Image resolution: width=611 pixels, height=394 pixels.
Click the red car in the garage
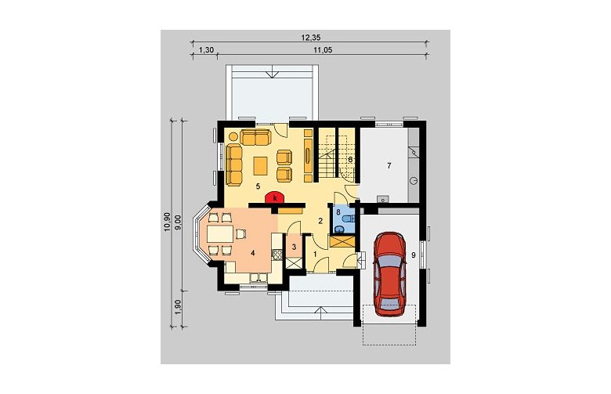click(390, 273)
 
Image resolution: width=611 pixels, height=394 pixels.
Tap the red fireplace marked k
click(276, 198)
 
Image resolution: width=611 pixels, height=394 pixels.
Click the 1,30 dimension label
click(206, 50)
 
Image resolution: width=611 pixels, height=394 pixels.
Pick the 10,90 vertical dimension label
click(168, 222)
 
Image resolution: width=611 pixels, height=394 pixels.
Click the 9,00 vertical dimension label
click(179, 223)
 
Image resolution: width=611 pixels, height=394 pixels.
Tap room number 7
click(389, 165)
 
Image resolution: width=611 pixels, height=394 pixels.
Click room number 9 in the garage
click(414, 255)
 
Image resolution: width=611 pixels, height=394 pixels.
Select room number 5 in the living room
click(258, 186)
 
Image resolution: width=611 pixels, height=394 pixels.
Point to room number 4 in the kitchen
click(252, 254)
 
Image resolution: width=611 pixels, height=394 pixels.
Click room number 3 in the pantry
click(295, 247)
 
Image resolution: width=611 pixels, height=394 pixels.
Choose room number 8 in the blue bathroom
click(338, 212)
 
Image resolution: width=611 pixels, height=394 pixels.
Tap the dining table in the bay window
click(220, 234)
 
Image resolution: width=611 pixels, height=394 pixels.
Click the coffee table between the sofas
click(260, 166)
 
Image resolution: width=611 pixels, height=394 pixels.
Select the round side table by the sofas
click(233, 136)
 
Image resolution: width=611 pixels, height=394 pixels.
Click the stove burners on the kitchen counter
click(277, 255)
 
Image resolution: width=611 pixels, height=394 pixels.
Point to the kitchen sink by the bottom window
click(258, 277)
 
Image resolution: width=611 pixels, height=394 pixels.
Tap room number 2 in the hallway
click(320, 221)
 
